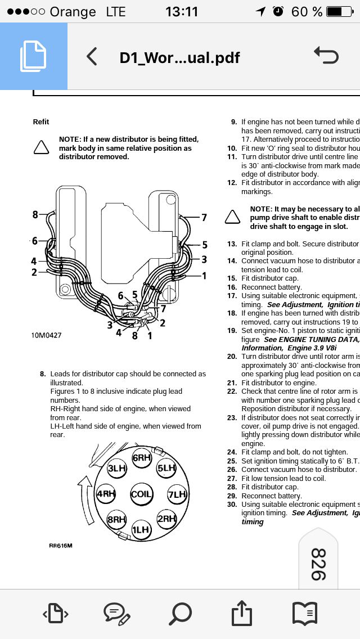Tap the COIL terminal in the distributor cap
pyautogui.click(x=141, y=494)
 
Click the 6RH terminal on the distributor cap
pyautogui.click(x=141, y=458)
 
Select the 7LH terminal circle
pyautogui.click(x=177, y=495)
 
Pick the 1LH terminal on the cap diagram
pyautogui.click(x=141, y=529)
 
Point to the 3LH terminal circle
pyautogui.click(x=117, y=468)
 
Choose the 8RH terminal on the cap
pyautogui.click(x=116, y=520)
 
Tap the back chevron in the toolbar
pyautogui.click(x=92, y=57)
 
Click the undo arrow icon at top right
pyautogui.click(x=326, y=56)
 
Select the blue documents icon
pyautogui.click(x=34, y=56)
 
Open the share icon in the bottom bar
pyautogui.click(x=241, y=613)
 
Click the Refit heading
pyautogui.click(x=41, y=122)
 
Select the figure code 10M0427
pyautogui.click(x=46, y=335)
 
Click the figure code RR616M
pyautogui.click(x=61, y=546)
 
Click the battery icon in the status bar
pyautogui.click(x=341, y=12)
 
